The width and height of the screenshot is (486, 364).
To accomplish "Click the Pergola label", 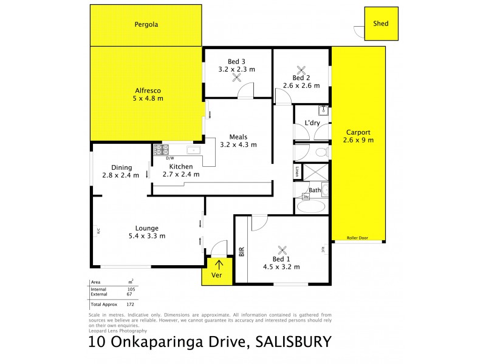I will point(146,25).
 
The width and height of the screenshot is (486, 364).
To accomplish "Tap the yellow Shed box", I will point(381,24).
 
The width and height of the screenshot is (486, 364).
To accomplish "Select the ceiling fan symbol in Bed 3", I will point(236,77).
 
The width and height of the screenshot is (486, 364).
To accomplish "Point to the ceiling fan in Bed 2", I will point(301,70).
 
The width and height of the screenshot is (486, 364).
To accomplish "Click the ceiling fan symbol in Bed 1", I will point(281,250).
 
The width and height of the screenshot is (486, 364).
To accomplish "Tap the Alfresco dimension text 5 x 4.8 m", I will point(149,98).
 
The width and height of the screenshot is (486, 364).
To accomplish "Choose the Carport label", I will point(358,132).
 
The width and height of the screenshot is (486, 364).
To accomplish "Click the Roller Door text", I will point(358,238).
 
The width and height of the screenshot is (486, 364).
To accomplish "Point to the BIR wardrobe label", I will point(241,251).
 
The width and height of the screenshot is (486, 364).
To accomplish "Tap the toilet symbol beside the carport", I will point(320,152).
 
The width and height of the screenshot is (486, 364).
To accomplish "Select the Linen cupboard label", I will point(297,172).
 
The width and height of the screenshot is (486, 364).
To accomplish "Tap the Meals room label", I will point(238,136).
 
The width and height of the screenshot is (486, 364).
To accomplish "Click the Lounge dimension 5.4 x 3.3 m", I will point(147,236).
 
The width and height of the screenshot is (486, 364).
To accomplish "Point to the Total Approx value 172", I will point(130,303).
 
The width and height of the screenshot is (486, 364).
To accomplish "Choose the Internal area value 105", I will point(130,289).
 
